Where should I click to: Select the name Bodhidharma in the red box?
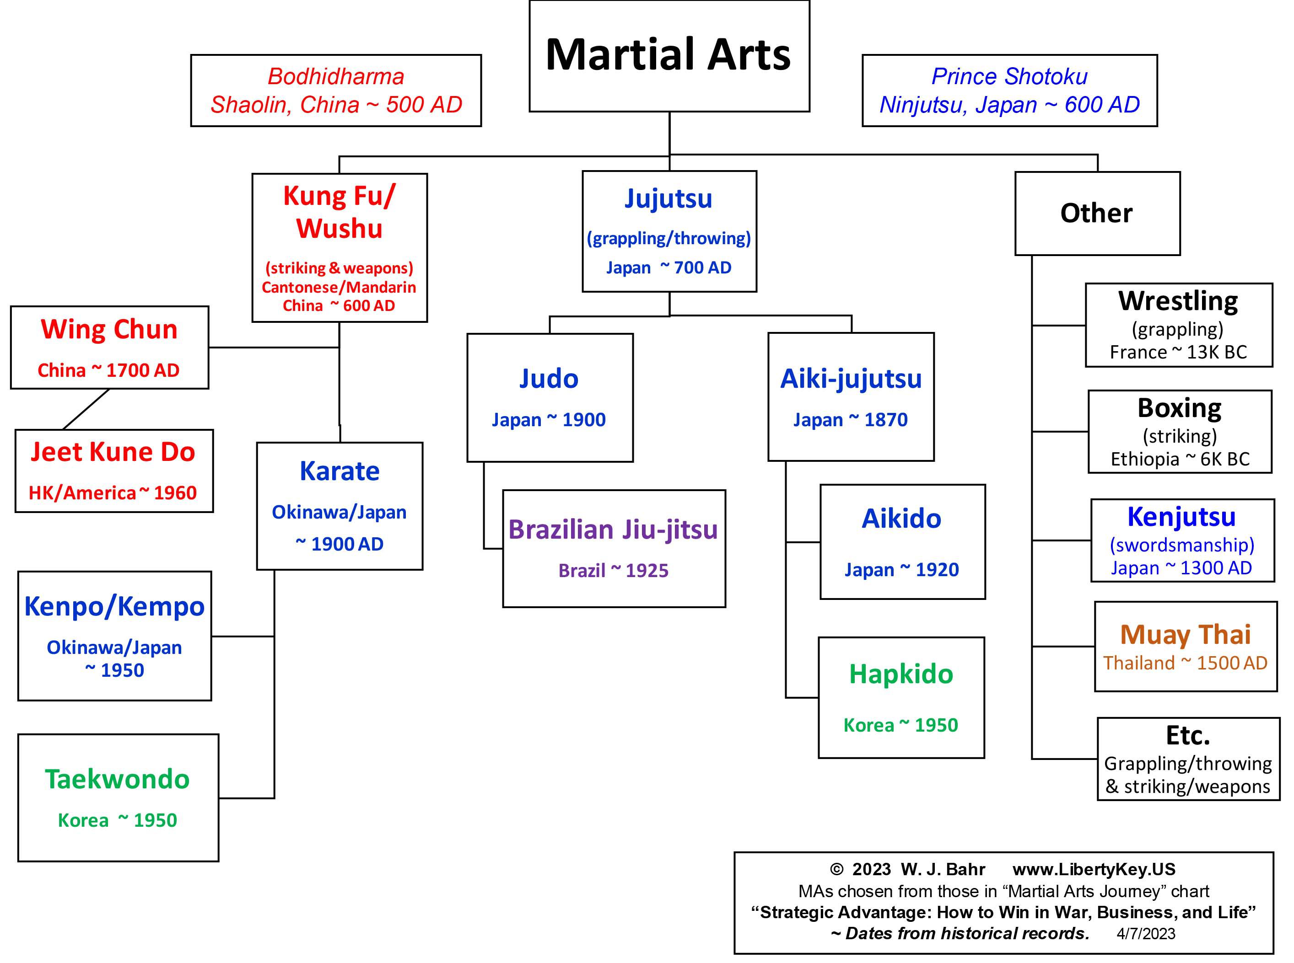coord(336,76)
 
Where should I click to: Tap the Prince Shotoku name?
coord(1009,76)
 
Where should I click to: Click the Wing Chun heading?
coord(109,329)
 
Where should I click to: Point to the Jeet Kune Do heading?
coord(113,452)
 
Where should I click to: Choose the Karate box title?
coord(340,471)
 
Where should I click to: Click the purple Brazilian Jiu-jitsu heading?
coord(613,530)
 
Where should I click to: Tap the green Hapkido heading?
coord(901,674)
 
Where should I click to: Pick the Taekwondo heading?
coord(117,779)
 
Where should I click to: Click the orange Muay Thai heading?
coord(1186,634)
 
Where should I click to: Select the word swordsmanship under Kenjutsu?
coord(1182,545)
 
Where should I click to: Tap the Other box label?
coord(1096,214)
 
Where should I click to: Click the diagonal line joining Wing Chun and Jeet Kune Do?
coord(86,409)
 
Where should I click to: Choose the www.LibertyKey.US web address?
coord(1094,869)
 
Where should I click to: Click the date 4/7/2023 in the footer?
coord(1146,934)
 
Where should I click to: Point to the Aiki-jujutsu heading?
coord(851,379)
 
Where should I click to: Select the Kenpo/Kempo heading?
coord(114,606)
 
